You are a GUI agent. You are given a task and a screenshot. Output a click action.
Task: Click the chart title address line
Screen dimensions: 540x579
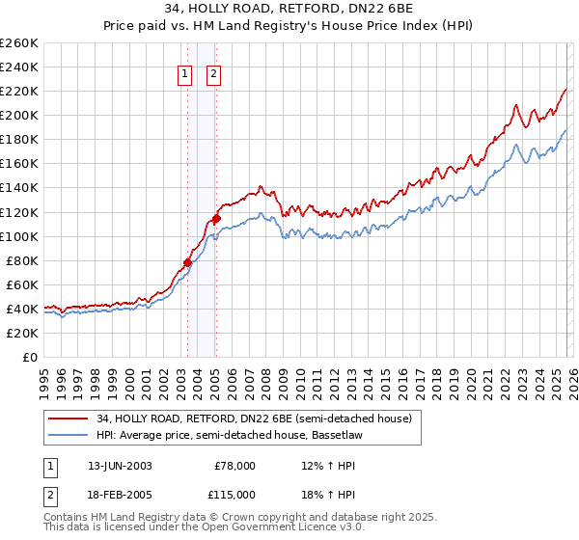[x=289, y=11]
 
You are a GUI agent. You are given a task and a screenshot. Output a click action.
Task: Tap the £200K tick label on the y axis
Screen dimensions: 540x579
[x=19, y=116]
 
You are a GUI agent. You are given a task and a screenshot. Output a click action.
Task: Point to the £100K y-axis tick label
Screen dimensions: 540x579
[x=19, y=236]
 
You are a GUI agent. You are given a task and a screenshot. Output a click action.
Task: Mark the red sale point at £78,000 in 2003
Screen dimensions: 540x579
[x=187, y=262]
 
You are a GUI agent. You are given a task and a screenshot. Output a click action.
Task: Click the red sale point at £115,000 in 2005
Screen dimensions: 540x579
[x=216, y=218]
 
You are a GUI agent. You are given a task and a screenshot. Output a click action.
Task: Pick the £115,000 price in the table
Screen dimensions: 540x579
[x=234, y=494]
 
